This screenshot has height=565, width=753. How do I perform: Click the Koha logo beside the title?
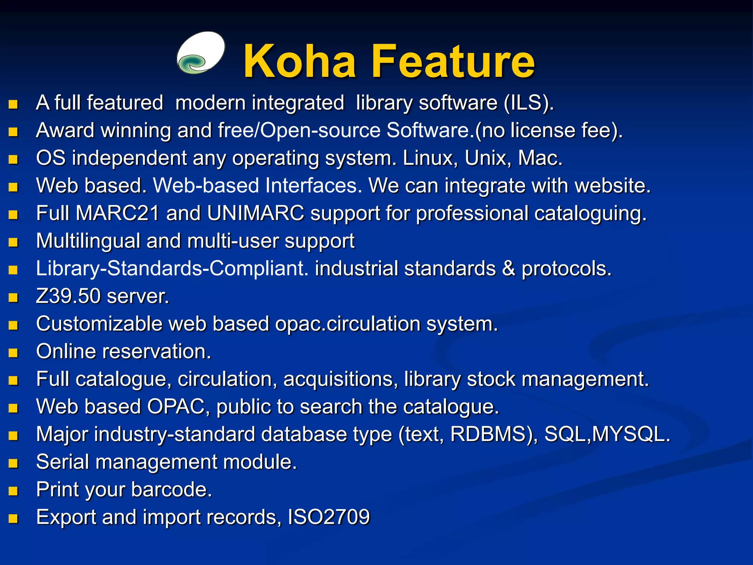pos(201,53)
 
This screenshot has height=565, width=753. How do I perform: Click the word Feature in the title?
pos(453,61)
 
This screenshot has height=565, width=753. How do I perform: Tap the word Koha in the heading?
pos(299,61)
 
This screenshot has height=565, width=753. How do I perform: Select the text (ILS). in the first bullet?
pos(528,103)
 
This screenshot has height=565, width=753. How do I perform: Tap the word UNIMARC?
pos(256,213)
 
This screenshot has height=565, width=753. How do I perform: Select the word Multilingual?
pos(88,241)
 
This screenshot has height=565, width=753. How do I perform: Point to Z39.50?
pos(68,296)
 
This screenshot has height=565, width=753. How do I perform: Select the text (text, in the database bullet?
pos(421,434)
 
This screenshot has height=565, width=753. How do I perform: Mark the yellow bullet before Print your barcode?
pos(13,491)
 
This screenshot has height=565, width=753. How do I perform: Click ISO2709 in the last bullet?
pos(328,517)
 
